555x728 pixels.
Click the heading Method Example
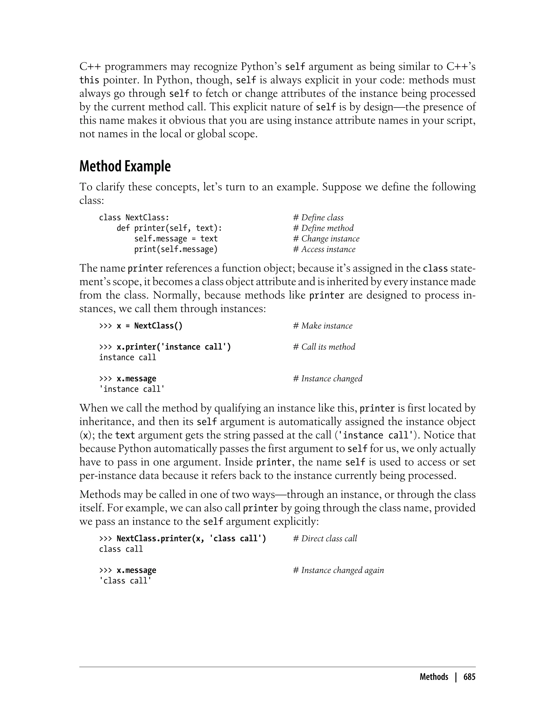[x=125, y=166]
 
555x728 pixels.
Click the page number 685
[x=469, y=677]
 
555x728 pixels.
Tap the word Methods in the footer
[x=434, y=677]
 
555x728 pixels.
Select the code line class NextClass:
[x=134, y=217]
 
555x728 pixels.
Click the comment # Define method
[x=323, y=228]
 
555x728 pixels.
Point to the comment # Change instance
[x=326, y=239]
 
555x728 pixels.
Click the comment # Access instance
[x=324, y=249]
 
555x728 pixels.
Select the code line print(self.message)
[x=176, y=249]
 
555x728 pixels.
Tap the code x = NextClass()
[x=149, y=326]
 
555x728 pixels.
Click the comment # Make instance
[x=323, y=326]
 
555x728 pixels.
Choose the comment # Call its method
[x=324, y=347]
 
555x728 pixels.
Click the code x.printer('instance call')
[x=174, y=347]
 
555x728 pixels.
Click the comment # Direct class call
[x=325, y=538]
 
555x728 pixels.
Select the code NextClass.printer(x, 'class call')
[x=191, y=538]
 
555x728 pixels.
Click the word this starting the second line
[x=89, y=80]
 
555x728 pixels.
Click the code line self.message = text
[x=176, y=239]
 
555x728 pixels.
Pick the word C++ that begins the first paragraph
[x=90, y=67]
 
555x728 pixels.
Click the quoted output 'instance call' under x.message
[x=132, y=389]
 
